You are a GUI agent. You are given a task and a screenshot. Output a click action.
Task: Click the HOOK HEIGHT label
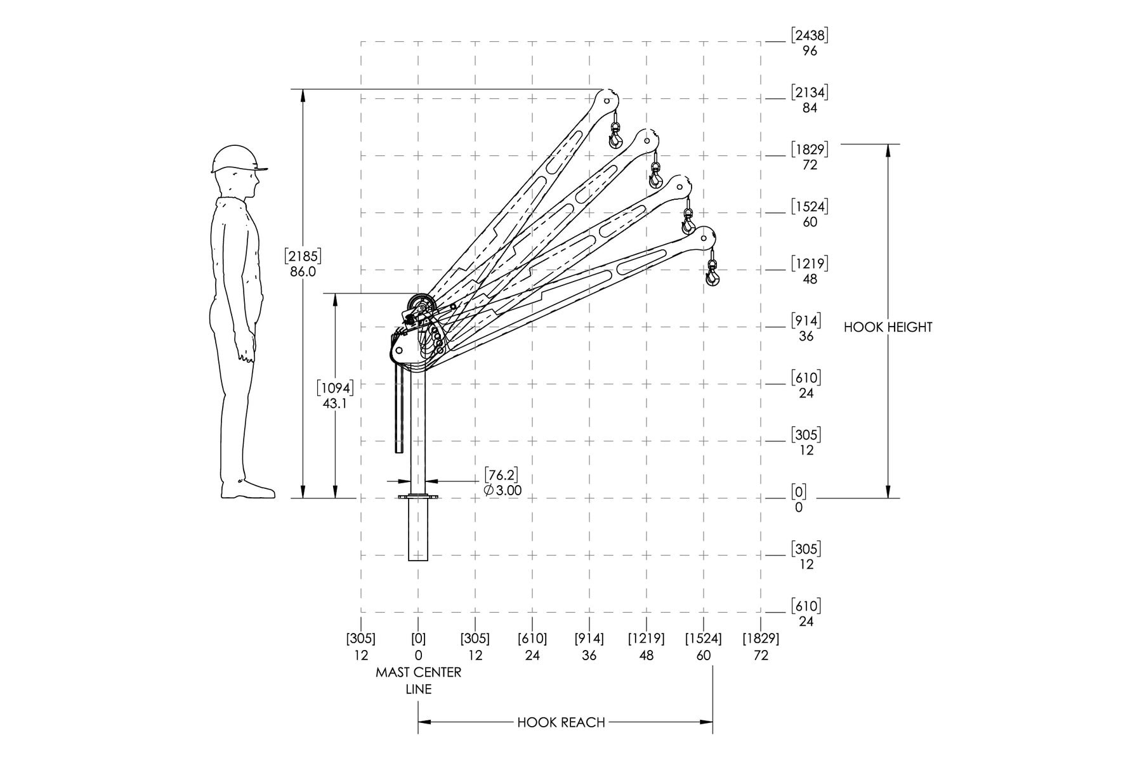pyautogui.click(x=888, y=327)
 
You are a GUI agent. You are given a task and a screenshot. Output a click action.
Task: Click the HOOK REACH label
pyautogui.click(x=561, y=722)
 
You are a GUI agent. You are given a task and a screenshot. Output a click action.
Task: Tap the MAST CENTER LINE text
pyautogui.click(x=419, y=680)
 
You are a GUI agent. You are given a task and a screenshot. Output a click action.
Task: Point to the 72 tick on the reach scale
pyautogui.click(x=761, y=655)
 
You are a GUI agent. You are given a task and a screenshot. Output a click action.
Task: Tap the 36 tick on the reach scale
pyautogui.click(x=589, y=655)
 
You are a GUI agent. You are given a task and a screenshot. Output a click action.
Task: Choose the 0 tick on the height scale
pyautogui.click(x=798, y=507)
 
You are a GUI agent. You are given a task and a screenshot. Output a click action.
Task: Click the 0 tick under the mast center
pyautogui.click(x=418, y=655)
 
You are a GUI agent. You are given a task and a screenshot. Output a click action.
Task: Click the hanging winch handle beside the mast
pyautogui.click(x=398, y=409)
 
